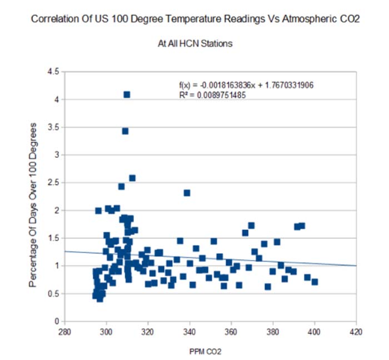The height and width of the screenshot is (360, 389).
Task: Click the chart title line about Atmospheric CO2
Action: (x=194, y=19)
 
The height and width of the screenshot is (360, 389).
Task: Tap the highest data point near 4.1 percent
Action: (x=127, y=94)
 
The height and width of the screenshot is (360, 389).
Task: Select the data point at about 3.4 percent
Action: (x=125, y=131)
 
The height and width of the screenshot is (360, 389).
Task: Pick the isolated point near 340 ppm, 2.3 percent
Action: (x=187, y=193)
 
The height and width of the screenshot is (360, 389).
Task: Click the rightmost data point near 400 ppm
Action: (x=315, y=282)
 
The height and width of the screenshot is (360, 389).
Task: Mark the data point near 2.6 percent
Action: (x=132, y=178)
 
